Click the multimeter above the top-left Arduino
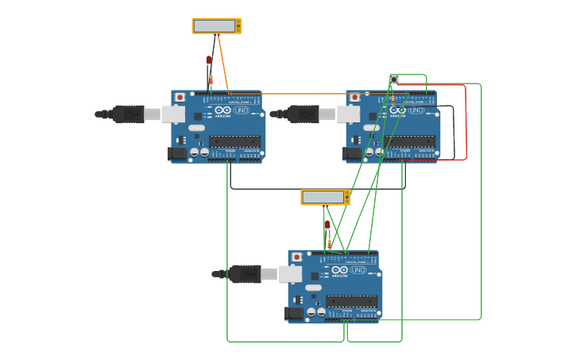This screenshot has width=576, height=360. coord(216,26)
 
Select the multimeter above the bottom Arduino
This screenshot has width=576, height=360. coord(325,197)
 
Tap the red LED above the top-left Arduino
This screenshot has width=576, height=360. coord(209,60)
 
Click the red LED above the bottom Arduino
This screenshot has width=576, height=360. coord(327,225)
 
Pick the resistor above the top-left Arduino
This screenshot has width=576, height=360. coord(211,79)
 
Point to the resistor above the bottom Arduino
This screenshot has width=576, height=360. coord(329,243)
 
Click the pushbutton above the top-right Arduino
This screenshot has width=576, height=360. coord(394,79)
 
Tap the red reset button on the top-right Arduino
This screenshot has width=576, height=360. coord(354,98)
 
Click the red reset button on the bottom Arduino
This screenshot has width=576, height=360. coord(296,257)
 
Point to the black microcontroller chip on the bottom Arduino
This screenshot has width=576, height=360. coord(351,301)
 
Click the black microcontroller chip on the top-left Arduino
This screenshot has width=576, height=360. coord(234,141)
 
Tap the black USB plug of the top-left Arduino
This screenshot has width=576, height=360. coord(127,114)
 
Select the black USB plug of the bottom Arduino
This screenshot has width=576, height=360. coord(244,274)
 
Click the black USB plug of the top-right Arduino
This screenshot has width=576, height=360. coord(303,114)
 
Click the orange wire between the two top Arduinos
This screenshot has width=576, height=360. coord(302,94)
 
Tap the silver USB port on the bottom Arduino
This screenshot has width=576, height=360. coord(290,274)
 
